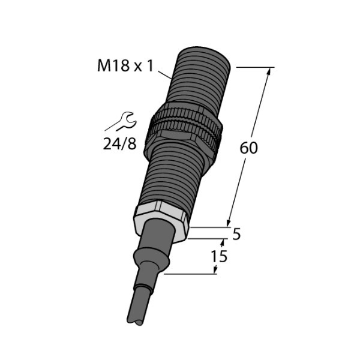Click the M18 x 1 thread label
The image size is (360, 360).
click(125, 65)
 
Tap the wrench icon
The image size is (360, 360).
click(122, 122)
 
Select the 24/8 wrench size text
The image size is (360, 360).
click(119, 144)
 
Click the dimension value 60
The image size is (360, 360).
click(248, 148)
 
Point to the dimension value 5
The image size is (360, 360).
click(236, 234)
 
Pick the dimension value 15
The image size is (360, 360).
click(219, 256)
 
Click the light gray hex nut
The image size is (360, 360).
click(161, 220)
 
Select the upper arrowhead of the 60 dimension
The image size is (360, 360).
click(269, 71)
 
